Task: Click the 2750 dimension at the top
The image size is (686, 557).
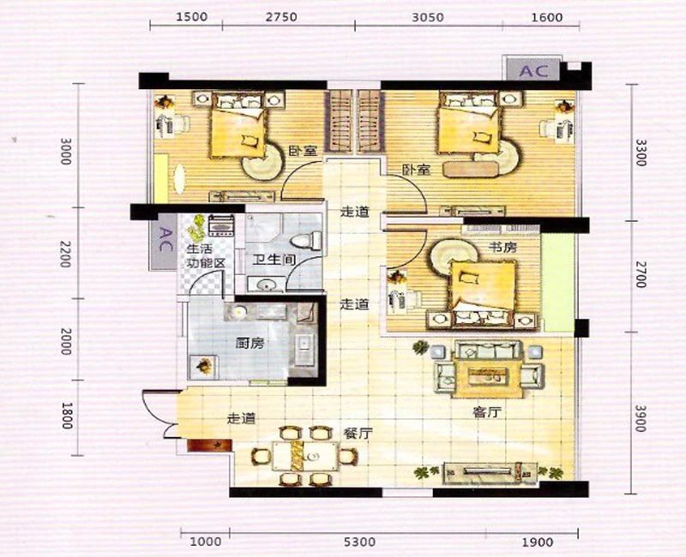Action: [x=282, y=17]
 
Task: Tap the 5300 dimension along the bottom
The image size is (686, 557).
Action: [x=359, y=542]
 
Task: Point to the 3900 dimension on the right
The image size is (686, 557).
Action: [x=641, y=418]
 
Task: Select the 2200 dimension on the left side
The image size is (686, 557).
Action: [x=65, y=254]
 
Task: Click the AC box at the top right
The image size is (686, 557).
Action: [x=533, y=69]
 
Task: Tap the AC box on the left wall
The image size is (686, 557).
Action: [x=163, y=242]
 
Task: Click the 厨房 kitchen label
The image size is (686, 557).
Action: [x=250, y=344]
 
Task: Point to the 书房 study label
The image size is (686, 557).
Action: [x=502, y=247]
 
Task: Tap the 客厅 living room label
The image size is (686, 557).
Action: [x=486, y=412]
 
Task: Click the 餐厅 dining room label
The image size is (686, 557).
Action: [x=358, y=434]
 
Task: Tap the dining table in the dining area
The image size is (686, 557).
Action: [x=306, y=457]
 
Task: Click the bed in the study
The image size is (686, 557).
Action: [x=482, y=293]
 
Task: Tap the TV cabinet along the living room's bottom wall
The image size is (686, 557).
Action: [x=490, y=472]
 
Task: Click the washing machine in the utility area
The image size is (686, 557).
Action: [x=222, y=226]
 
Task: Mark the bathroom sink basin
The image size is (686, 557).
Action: [x=265, y=285]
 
